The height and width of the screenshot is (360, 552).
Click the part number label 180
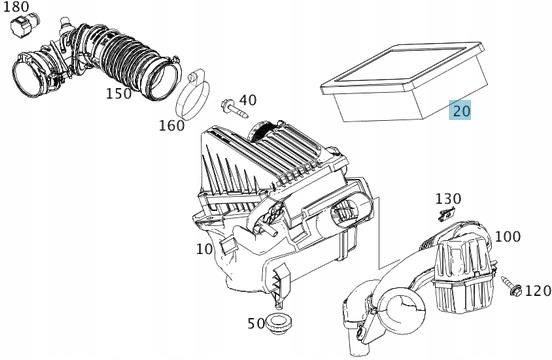17,7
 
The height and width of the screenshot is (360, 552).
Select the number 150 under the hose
120,93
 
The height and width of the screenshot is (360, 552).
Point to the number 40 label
248,100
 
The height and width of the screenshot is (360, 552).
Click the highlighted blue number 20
461,111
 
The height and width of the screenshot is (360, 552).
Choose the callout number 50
256,323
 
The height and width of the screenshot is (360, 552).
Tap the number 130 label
448,199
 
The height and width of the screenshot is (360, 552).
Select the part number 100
507,236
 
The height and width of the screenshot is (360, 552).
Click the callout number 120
537,291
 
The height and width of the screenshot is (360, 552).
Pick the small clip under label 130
448,214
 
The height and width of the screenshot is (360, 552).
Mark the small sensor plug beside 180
23,27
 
